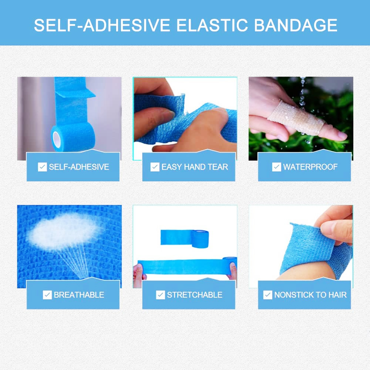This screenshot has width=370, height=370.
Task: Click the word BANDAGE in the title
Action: point(296,25)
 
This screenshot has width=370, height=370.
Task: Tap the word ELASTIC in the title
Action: point(212,25)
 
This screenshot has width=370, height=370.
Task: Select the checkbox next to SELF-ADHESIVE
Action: point(42,167)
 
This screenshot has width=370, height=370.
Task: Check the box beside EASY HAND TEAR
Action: point(155,167)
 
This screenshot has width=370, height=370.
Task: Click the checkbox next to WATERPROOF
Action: point(276,167)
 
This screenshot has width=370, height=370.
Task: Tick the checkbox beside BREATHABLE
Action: point(47,295)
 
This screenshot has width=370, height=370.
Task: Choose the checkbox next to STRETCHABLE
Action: point(161,295)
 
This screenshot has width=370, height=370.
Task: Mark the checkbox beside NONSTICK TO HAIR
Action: point(268,295)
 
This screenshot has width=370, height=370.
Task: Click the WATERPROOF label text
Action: point(310,167)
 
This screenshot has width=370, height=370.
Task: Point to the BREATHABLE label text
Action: point(79,295)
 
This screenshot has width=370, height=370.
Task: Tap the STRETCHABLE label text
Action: point(195,295)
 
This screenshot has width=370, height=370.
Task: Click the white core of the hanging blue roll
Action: point(56,139)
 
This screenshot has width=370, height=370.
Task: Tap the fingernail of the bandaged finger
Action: point(341,135)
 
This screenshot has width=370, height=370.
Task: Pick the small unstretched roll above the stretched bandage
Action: point(185,239)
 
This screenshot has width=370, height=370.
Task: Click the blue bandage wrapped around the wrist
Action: point(316,250)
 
